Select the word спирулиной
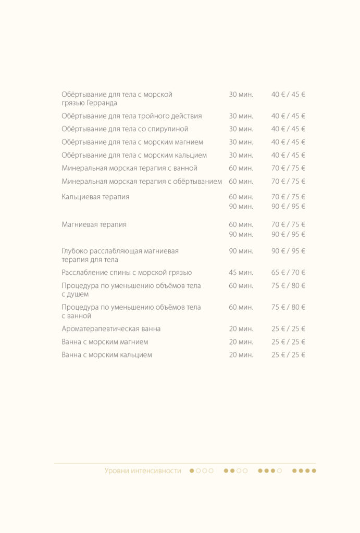click(170, 129)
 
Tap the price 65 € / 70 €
click(288, 273)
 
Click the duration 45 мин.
click(241, 273)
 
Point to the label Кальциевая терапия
click(95, 197)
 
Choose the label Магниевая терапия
click(94, 225)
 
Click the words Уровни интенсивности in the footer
click(143, 471)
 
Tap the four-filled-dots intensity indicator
click(304, 471)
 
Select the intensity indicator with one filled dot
click(201, 471)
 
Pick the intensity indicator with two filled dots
click(235, 471)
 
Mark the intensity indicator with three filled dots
click(270, 471)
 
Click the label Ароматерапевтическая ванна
click(111, 329)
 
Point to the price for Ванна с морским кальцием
click(288, 355)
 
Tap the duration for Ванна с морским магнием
click(241, 342)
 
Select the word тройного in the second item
click(153, 116)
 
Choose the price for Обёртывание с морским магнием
click(288, 142)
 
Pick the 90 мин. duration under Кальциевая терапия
click(241, 207)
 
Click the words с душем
click(75, 295)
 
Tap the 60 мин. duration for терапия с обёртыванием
click(241, 182)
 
